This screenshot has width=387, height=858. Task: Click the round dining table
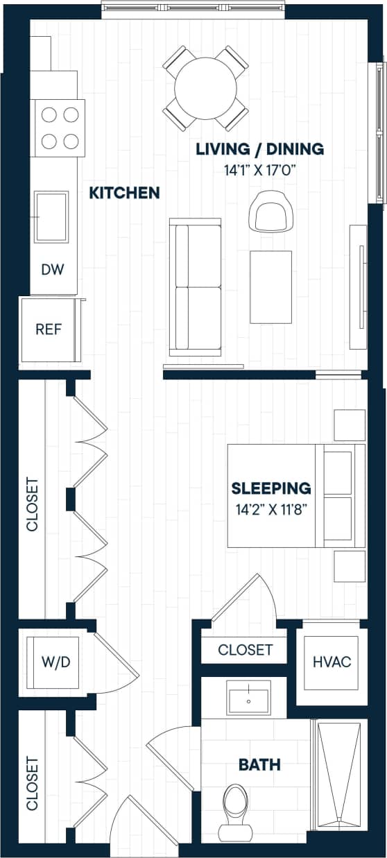point(205,88)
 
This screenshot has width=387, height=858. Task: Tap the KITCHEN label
point(125,193)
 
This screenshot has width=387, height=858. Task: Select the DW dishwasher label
point(53,270)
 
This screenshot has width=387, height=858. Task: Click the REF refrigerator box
point(49,329)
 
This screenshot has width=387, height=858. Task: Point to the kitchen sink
point(52,217)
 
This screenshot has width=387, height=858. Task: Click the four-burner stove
point(59,127)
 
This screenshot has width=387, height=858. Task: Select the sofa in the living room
point(196,287)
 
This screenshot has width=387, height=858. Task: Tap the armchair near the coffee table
point(270,212)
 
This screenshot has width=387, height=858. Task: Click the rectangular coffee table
point(270,286)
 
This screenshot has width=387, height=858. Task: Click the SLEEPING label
point(271,488)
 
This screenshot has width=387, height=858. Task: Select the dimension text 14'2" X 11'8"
point(271,510)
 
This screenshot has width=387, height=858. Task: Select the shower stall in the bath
point(339,774)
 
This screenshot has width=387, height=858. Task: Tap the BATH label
point(259,765)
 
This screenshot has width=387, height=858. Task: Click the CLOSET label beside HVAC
point(245,650)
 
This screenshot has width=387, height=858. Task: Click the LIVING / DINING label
point(259,148)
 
